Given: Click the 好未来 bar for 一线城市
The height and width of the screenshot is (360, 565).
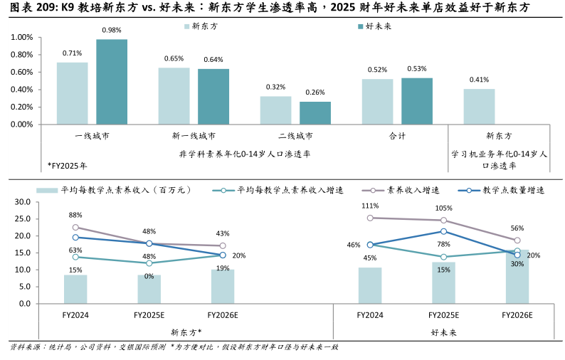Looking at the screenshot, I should pos(112,82).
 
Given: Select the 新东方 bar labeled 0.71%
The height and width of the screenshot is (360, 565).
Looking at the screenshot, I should pos(72,93).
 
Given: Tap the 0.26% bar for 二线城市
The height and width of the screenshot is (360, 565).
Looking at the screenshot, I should pos(315,112).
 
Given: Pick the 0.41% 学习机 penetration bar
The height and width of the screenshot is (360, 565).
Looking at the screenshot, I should pos(479,106).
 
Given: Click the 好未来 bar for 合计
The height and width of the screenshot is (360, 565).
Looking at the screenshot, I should pos(416,101).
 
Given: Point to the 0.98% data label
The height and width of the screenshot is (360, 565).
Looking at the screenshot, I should pos(112,31).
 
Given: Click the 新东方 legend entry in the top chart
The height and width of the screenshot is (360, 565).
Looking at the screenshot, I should pos(201,26).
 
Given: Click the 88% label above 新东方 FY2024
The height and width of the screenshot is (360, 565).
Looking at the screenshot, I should pos(75,215).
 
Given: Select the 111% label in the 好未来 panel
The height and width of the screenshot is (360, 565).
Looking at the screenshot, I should pos(369,206).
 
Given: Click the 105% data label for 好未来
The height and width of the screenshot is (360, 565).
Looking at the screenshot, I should pos(443,208).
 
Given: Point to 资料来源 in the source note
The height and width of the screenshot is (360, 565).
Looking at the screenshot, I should pos(26,347).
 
